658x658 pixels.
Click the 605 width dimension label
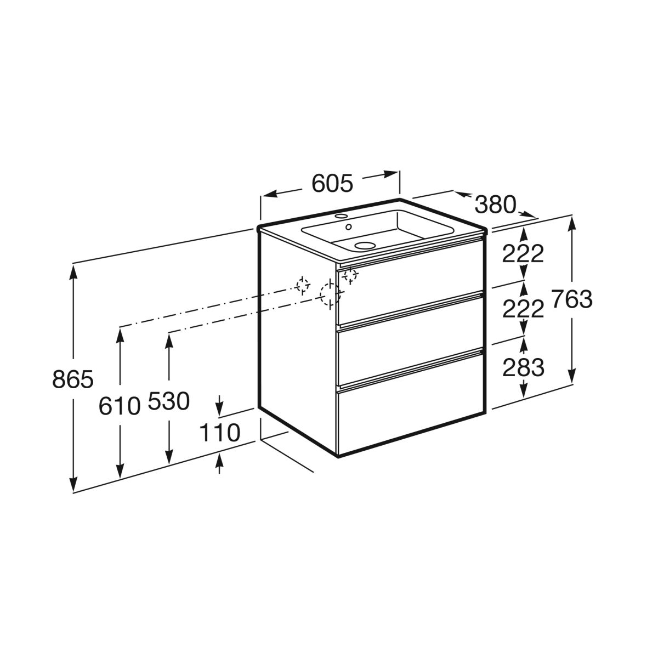[x=332, y=183]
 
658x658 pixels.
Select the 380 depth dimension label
[x=495, y=205]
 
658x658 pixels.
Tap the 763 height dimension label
[x=572, y=299]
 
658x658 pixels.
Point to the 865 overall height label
[x=73, y=379]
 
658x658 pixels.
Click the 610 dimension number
[x=120, y=406]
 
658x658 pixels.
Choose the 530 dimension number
[x=169, y=401]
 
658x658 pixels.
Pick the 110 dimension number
[x=219, y=432]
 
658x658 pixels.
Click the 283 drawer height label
[x=523, y=367]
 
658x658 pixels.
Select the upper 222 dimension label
[x=523, y=253]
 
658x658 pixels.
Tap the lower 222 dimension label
[x=523, y=308]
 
